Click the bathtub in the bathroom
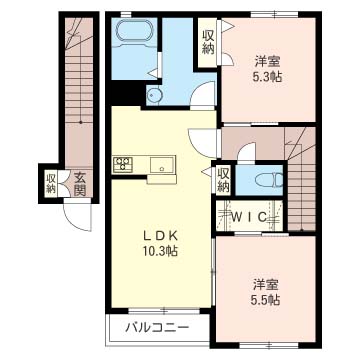pos(135,32)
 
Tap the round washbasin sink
pos(154,96)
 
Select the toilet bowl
pos(269,180)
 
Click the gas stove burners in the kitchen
pos(123,165)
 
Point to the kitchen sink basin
pos(161,165)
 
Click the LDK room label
pos(160,236)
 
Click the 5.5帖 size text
pos(266,301)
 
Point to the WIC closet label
pos(249,217)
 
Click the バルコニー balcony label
pos(157,328)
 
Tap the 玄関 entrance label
pos(80,184)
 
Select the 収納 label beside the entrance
pos(51,183)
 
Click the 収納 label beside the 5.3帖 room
pos(208,43)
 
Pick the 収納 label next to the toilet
pos(223,180)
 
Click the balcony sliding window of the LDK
pos(164,310)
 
